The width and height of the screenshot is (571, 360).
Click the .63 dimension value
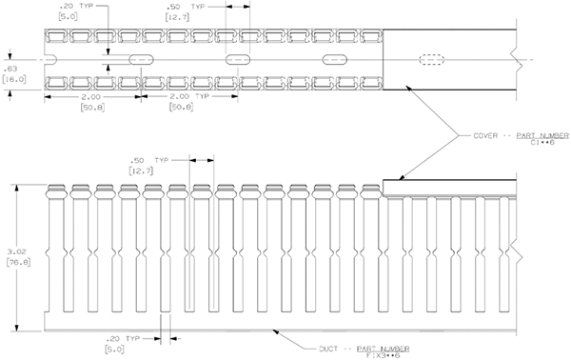(11, 70)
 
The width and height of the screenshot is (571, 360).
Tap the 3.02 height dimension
(10, 252)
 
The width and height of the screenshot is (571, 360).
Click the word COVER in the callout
(487, 137)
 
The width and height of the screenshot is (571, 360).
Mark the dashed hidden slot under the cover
(432, 60)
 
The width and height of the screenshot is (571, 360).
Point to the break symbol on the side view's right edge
(515, 254)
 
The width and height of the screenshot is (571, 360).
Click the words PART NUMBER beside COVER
(541, 137)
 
